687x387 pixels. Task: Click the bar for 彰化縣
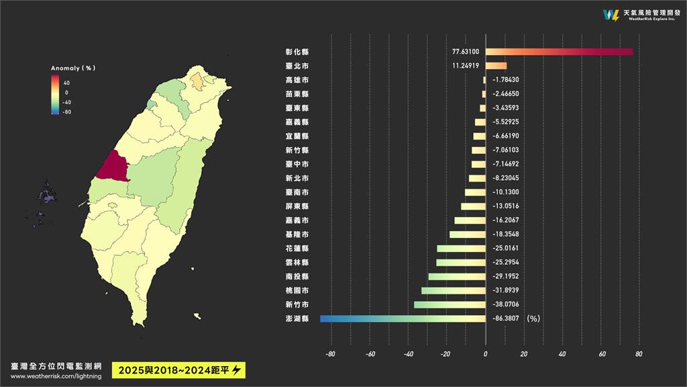[559, 52]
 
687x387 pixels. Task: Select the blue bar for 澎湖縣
[403, 318]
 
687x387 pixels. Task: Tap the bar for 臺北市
[496, 66]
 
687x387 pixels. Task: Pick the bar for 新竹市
[450, 304]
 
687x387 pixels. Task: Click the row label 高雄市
[297, 80]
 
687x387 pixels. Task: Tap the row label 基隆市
[297, 234]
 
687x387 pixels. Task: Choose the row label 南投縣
[297, 276]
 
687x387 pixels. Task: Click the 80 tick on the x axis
[639, 354]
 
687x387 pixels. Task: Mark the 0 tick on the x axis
[485, 354]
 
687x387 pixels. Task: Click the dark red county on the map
[111, 166]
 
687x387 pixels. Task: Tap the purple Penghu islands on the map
[47, 197]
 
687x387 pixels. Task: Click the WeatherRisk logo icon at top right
[611, 15]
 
